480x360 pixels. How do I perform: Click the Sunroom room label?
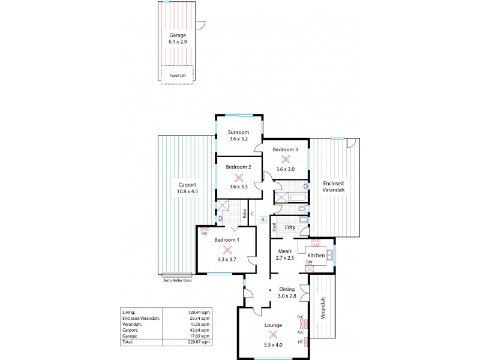(238, 132)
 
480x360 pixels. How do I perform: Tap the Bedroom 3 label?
(285, 149)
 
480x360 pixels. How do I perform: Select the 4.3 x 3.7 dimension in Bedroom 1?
(227, 260)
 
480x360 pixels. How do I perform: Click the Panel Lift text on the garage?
(179, 76)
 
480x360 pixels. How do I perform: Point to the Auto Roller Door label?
(177, 280)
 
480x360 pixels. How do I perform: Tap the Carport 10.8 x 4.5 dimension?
(187, 191)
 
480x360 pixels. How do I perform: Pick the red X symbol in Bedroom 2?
(239, 177)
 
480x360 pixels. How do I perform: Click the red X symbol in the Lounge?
(274, 334)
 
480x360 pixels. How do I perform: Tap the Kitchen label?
(316, 256)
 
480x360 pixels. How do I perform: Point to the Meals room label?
(284, 251)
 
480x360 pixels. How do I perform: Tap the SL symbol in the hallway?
(263, 220)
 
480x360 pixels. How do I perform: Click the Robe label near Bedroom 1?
(245, 213)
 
